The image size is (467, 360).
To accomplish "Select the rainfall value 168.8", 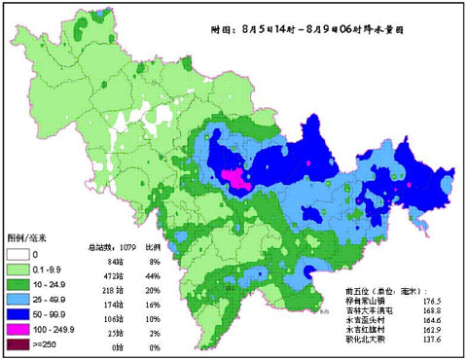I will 431,313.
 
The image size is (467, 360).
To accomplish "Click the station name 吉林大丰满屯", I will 371,313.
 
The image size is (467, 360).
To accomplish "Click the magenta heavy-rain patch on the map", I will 235,179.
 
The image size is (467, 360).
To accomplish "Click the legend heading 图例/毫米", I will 27,237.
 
